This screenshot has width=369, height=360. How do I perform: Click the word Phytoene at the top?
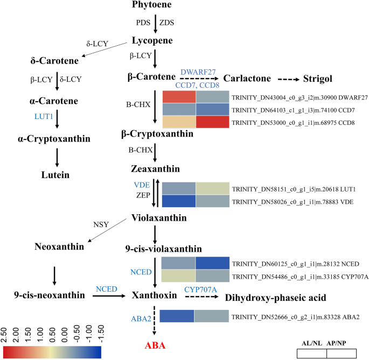(155, 5)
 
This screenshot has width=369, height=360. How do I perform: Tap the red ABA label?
(155, 346)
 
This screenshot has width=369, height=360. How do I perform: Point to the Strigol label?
(317, 79)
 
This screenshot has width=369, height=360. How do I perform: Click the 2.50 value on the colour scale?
(8, 333)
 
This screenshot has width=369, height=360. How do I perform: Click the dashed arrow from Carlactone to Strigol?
(290, 79)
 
